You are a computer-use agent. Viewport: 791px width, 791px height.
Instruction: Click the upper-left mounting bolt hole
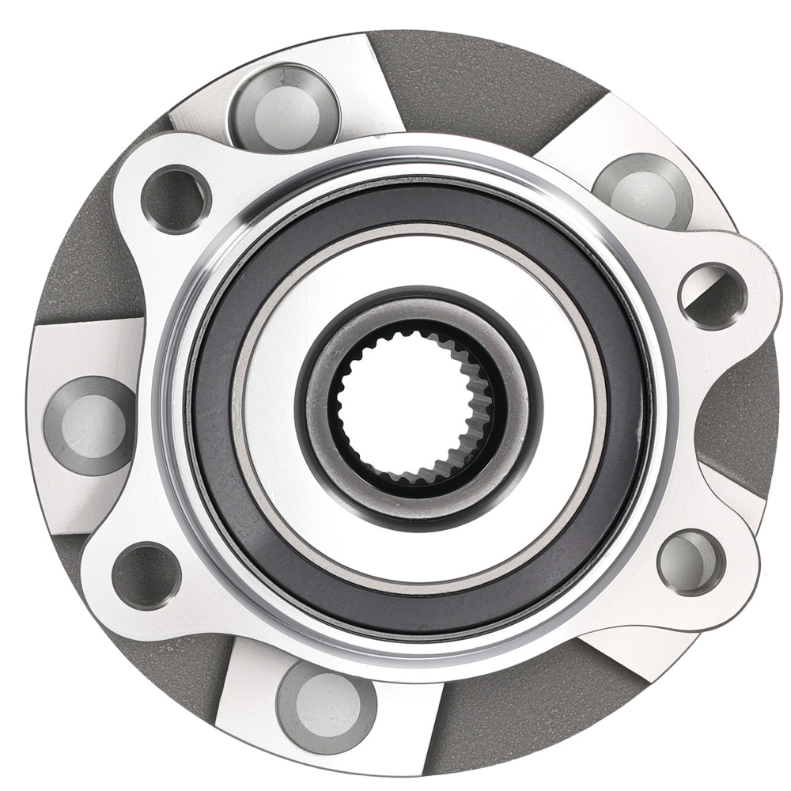[x=176, y=198]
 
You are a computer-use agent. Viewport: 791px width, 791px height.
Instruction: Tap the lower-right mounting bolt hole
[x=691, y=562]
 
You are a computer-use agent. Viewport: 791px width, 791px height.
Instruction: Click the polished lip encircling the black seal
[x=170, y=411]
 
